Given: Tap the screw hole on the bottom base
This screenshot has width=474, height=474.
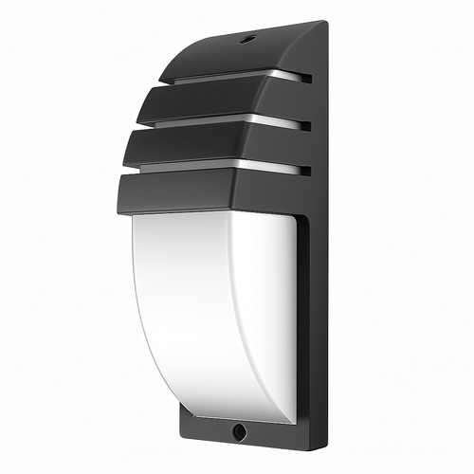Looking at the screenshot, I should (238, 431).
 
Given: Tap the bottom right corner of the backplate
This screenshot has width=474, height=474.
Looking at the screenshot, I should (327, 446).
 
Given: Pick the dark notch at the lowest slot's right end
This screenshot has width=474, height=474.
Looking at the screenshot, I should (304, 171).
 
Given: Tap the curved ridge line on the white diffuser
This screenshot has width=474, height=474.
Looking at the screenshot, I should (233, 313).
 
